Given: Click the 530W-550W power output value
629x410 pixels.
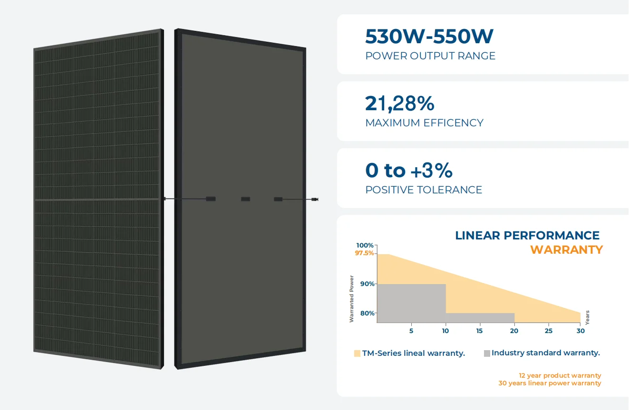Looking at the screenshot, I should (429, 37).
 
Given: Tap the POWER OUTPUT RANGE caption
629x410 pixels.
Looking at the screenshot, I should (430, 56).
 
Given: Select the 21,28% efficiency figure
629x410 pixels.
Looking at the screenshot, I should (399, 104).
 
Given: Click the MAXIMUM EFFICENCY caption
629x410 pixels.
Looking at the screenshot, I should (424, 123).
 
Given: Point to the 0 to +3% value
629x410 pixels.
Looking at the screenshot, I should (408, 170).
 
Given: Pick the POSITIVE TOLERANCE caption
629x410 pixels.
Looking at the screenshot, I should (423, 190).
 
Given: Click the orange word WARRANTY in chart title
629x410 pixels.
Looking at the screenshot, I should (566, 250).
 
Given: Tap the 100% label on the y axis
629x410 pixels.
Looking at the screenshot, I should (365, 245).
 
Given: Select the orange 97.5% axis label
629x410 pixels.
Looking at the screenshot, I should (364, 253).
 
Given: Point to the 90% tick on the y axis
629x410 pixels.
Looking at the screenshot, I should (367, 284).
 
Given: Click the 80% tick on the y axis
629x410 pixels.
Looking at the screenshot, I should (367, 314).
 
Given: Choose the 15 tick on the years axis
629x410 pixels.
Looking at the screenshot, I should (479, 331).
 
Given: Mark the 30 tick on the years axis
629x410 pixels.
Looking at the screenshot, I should (580, 331).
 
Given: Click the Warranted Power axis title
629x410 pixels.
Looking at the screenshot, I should (352, 299).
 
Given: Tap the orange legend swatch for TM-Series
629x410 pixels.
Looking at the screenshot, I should (357, 353).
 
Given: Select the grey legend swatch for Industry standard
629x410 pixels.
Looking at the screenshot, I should (486, 353).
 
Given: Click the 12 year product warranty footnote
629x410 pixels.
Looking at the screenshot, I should (560, 375).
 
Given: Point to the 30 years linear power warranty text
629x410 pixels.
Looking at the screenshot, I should (550, 383).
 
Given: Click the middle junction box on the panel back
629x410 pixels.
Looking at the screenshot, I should (246, 199).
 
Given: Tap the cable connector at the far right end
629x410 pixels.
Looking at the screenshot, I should (314, 199).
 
